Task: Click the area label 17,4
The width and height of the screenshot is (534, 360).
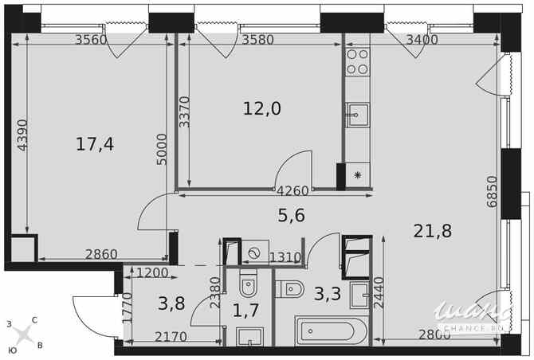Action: [95, 144]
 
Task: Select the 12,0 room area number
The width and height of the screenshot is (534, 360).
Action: [261, 108]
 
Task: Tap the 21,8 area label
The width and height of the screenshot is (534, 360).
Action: [432, 231]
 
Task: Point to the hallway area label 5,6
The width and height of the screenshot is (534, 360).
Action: [291, 215]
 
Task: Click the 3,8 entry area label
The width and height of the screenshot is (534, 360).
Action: [171, 303]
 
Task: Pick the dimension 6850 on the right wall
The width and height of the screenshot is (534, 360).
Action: [493, 192]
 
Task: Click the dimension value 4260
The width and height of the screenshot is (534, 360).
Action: [293, 190]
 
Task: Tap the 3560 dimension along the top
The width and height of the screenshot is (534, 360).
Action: [91, 40]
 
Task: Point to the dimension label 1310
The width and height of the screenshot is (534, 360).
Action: [285, 256]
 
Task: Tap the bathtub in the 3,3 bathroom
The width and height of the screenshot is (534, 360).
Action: [330, 331]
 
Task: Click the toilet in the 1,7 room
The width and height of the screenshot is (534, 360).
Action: [248, 284]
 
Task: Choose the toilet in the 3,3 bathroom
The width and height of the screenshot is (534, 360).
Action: [289, 291]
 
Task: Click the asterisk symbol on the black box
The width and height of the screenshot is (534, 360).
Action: [357, 175]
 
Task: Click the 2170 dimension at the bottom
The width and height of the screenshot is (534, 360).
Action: [171, 337]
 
